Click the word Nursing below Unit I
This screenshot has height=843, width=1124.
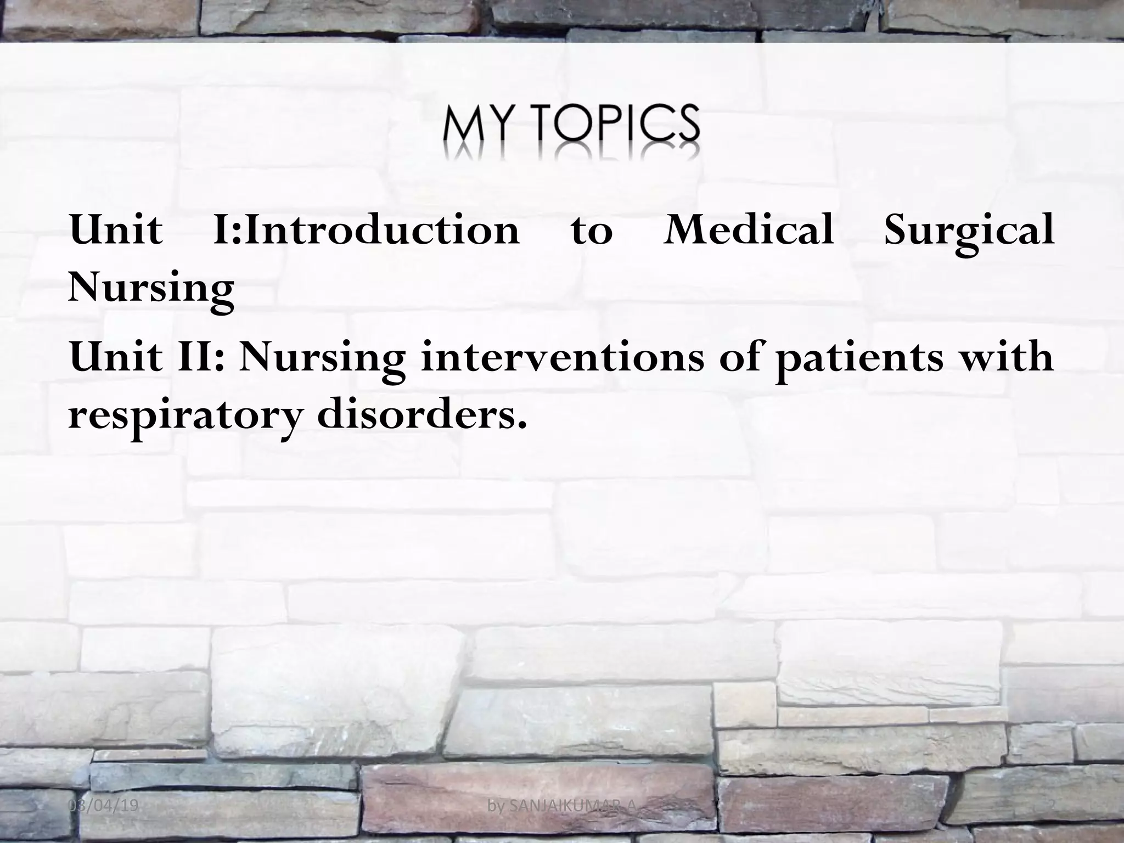tap(151, 288)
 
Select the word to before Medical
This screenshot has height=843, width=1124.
tap(591, 231)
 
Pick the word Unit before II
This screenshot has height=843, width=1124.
tap(116, 357)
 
